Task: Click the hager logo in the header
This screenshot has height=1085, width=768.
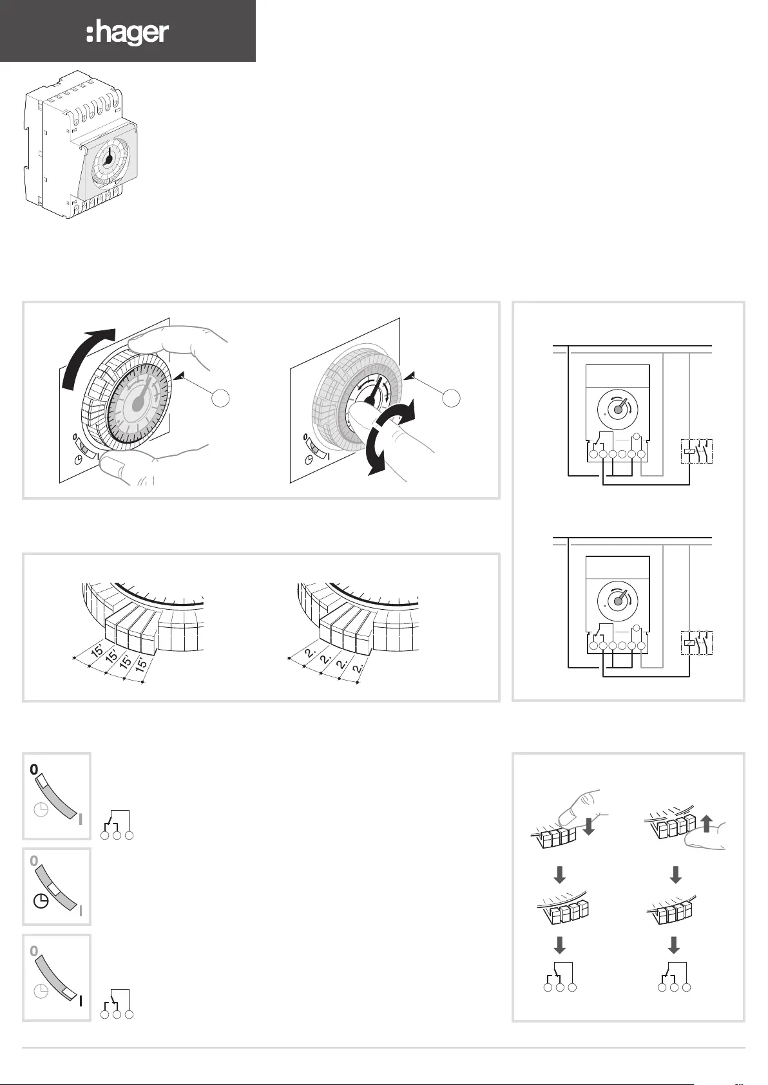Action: click(x=128, y=32)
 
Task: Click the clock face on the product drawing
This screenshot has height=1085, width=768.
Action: click(x=108, y=161)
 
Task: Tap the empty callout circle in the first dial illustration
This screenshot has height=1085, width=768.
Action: click(x=220, y=398)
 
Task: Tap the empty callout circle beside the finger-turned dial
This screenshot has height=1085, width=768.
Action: click(x=452, y=398)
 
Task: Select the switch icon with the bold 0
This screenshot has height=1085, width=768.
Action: click(x=57, y=796)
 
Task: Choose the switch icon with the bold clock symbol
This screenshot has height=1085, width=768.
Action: click(x=57, y=887)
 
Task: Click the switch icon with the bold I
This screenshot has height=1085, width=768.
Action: click(x=57, y=977)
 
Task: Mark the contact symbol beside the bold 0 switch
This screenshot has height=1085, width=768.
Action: click(x=117, y=826)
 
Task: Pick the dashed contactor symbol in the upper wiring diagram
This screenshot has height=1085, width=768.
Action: click(x=698, y=451)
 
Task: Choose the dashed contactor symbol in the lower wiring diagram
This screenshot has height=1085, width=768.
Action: click(x=698, y=643)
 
